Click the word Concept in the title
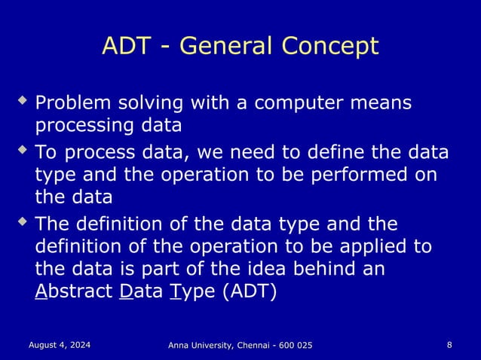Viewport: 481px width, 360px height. pos(329,47)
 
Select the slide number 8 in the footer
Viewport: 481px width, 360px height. pos(449,345)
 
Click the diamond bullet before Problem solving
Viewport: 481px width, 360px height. pos(23,99)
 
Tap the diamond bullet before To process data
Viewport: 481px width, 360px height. pos(23,150)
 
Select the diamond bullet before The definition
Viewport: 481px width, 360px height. pos(23,221)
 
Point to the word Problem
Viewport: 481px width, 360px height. pos(72,102)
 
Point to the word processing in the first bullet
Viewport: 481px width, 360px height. pos(81,124)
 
